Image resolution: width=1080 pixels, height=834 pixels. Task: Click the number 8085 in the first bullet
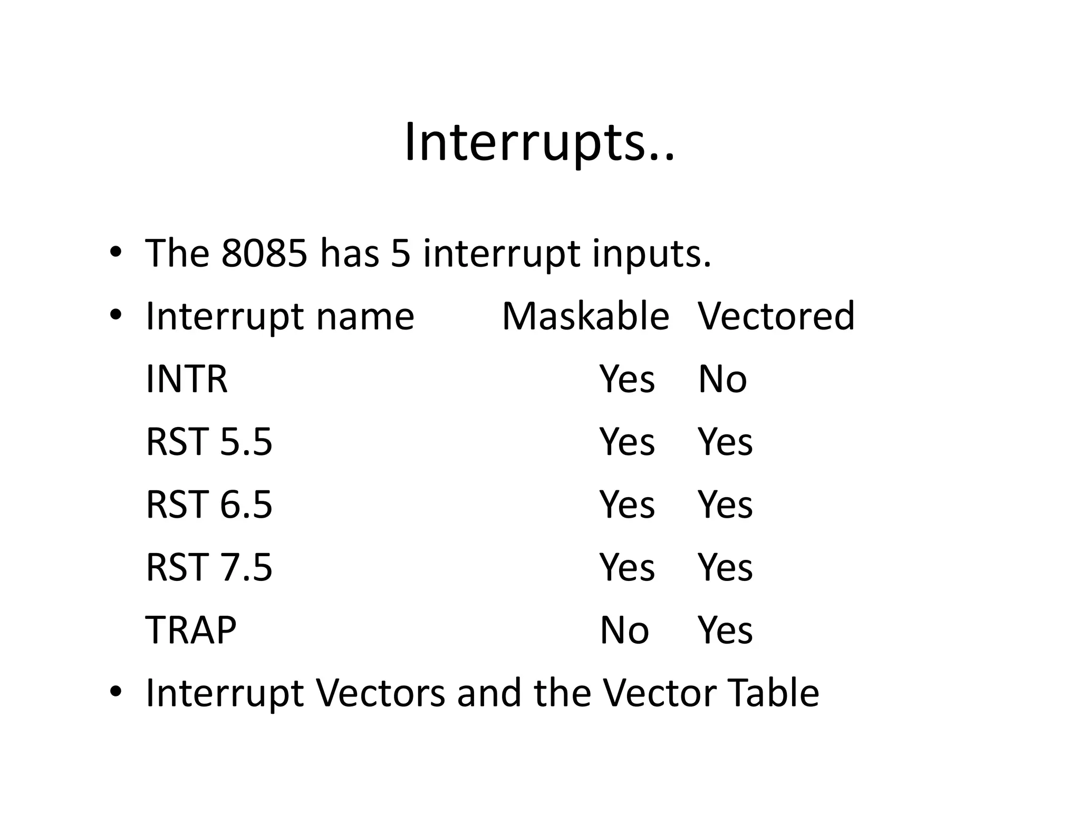click(264, 254)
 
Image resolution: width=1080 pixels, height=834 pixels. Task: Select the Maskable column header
click(585, 316)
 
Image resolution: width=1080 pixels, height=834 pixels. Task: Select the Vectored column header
click(776, 316)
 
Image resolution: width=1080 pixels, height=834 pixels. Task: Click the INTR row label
click(186, 379)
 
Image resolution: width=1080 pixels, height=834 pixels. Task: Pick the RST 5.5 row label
click(209, 442)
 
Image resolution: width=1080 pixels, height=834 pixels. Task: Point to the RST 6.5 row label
click(209, 505)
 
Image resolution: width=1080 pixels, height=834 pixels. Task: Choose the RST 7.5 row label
click(209, 567)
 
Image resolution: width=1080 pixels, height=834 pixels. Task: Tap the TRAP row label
click(191, 630)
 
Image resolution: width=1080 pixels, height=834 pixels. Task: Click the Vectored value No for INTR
click(722, 379)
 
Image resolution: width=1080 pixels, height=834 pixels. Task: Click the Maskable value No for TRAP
click(624, 630)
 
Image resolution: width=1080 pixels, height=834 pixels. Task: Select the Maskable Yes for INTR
click(627, 379)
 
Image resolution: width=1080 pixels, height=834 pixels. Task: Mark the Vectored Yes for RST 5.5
click(725, 442)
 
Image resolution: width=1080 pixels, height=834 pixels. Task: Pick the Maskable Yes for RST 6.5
click(627, 505)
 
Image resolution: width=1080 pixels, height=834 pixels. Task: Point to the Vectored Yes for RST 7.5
click(725, 567)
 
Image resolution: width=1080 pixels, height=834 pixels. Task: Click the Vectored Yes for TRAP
click(725, 630)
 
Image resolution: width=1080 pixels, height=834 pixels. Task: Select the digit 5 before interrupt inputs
click(401, 254)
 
